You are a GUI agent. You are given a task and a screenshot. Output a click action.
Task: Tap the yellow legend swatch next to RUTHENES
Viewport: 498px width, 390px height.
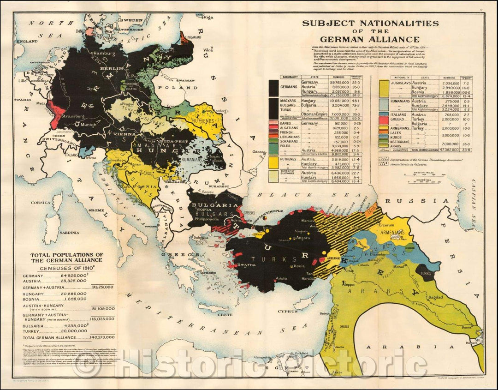273,162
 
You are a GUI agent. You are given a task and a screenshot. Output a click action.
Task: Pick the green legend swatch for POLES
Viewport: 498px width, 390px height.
273,148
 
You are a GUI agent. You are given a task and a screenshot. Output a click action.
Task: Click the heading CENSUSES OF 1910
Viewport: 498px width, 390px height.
66,268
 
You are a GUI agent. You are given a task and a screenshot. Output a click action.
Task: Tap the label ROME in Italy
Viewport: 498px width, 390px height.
99,210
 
